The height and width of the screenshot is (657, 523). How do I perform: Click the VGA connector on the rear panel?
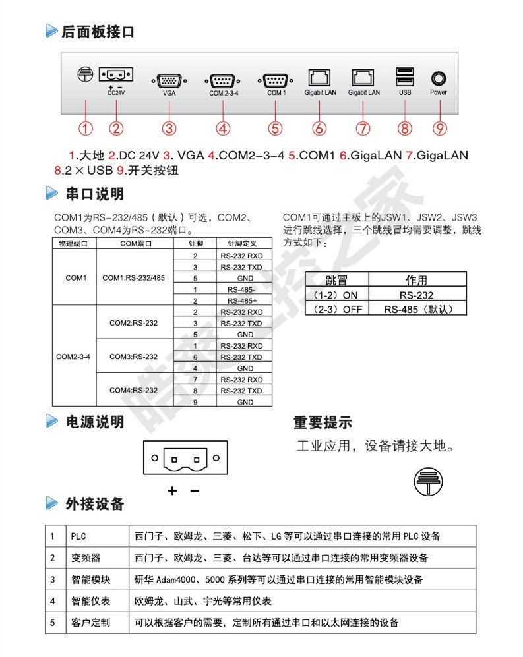click(x=169, y=80)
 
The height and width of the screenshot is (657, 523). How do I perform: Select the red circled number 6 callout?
click(x=319, y=128)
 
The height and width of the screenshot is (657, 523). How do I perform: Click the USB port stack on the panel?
click(x=405, y=76)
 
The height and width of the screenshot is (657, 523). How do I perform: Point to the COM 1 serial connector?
click(x=276, y=80)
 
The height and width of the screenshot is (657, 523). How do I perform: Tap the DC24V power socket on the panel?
click(x=116, y=74)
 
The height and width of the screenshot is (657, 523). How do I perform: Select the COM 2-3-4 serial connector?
click(x=224, y=80)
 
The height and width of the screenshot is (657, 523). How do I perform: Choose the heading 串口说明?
click(x=94, y=194)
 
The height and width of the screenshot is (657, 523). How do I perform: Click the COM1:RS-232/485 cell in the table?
click(x=134, y=278)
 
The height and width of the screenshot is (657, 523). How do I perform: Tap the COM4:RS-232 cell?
click(x=134, y=390)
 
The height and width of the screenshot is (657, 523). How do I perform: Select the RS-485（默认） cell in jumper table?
click(x=416, y=309)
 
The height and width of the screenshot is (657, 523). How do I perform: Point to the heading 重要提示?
click(x=323, y=422)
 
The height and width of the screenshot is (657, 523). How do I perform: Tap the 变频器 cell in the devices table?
click(x=86, y=558)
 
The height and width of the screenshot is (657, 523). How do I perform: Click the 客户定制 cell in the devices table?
click(x=90, y=623)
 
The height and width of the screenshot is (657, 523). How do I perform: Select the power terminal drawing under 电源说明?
click(x=185, y=457)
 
